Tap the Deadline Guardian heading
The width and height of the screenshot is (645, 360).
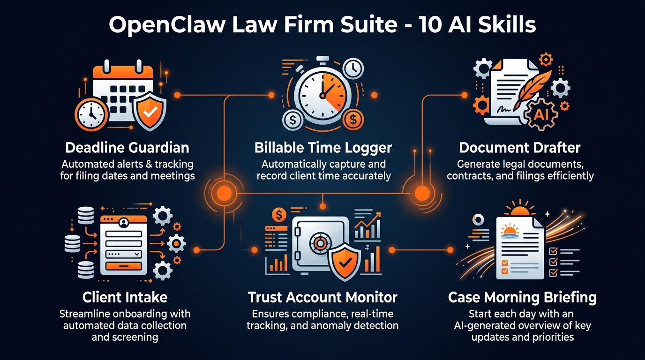click(127, 148)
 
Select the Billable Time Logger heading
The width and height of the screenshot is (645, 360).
click(323, 148)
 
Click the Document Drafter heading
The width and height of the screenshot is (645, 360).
click(520, 148)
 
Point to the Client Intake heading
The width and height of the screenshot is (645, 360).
click(125, 297)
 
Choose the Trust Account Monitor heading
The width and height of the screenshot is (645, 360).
click(322, 297)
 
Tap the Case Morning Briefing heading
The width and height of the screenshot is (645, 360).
click(522, 297)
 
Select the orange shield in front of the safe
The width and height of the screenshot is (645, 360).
click(344, 263)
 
